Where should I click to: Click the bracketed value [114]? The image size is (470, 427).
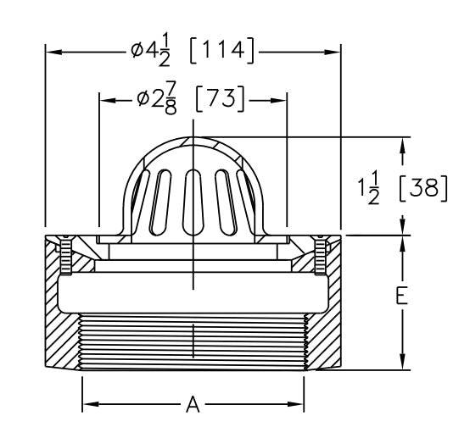(x=221, y=51)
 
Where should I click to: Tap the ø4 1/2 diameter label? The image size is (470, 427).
(x=152, y=51)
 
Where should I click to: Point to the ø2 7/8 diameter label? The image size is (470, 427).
(x=158, y=100)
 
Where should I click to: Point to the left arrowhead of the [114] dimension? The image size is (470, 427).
(x=52, y=51)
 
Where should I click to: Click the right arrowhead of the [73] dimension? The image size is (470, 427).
(x=282, y=100)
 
